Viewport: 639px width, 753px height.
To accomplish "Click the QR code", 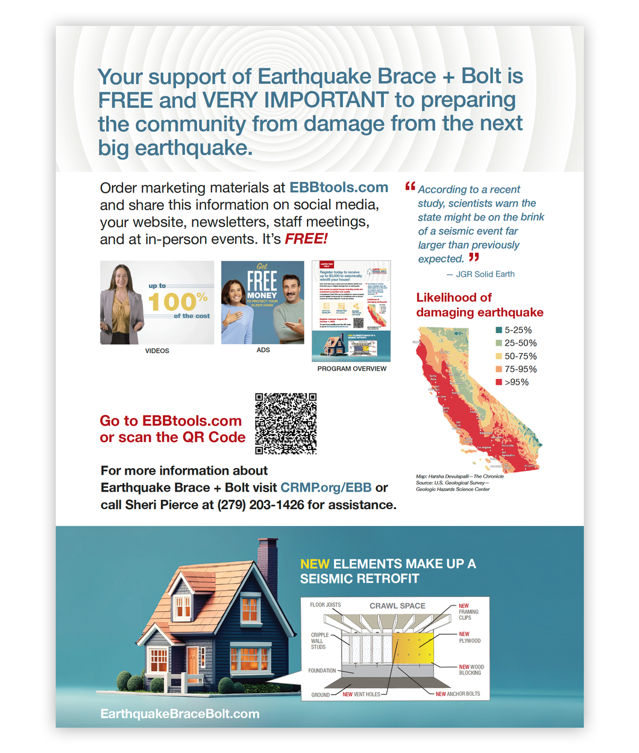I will (286, 423).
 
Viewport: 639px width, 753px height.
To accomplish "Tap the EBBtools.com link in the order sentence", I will (339, 188).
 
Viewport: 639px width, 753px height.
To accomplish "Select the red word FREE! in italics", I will (306, 239).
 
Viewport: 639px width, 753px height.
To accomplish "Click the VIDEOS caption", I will (157, 351).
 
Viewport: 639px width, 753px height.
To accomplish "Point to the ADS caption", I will (263, 350).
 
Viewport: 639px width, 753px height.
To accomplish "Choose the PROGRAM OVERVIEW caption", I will (352, 369).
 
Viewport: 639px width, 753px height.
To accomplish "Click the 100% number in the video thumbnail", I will (177, 301).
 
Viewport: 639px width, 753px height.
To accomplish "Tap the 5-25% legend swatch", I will (499, 330).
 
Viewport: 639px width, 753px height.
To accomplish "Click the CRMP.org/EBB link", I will (326, 488).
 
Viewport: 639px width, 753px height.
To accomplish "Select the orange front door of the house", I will (192, 661).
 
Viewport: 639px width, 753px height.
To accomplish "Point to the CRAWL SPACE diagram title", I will (397, 606).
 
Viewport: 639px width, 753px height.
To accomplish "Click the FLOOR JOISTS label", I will (326, 605).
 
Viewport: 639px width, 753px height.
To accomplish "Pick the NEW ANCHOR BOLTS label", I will (458, 694).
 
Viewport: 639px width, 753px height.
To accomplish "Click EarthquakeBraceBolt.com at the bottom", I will (180, 714).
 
